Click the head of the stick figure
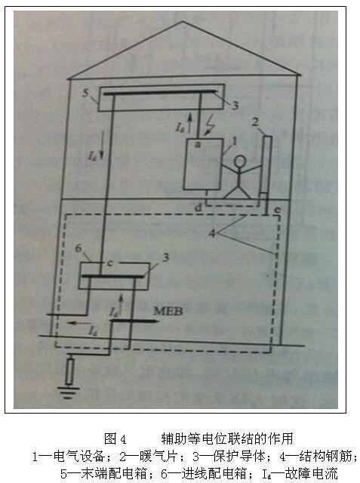pyautogui.click(x=240, y=162)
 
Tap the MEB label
pyautogui.click(x=168, y=311)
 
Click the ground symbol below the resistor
pyautogui.click(x=69, y=392)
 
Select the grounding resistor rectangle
pyautogui.click(x=70, y=371)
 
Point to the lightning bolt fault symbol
pyautogui.click(x=210, y=125)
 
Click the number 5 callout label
pyautogui.click(x=85, y=93)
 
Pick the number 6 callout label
pyautogui.click(x=78, y=248)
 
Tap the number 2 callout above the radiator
pyautogui.click(x=255, y=122)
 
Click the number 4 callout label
pyautogui.click(x=212, y=233)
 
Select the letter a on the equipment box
pyautogui.click(x=198, y=144)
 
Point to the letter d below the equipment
pyautogui.click(x=198, y=208)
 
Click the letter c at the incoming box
pyautogui.click(x=110, y=263)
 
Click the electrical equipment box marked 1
pyautogui.click(x=203, y=164)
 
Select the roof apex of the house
pyautogui.click(x=183, y=21)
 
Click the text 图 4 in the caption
pyautogui.click(x=115, y=438)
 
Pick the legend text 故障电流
pyautogui.click(x=312, y=474)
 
